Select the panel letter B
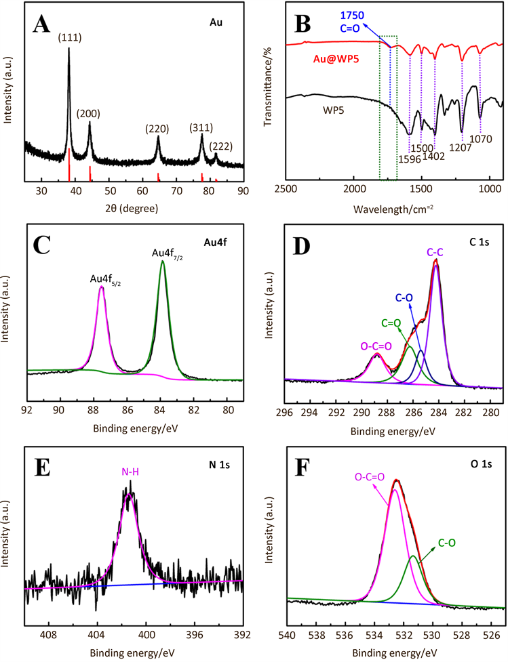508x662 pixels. coord(300,26)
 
